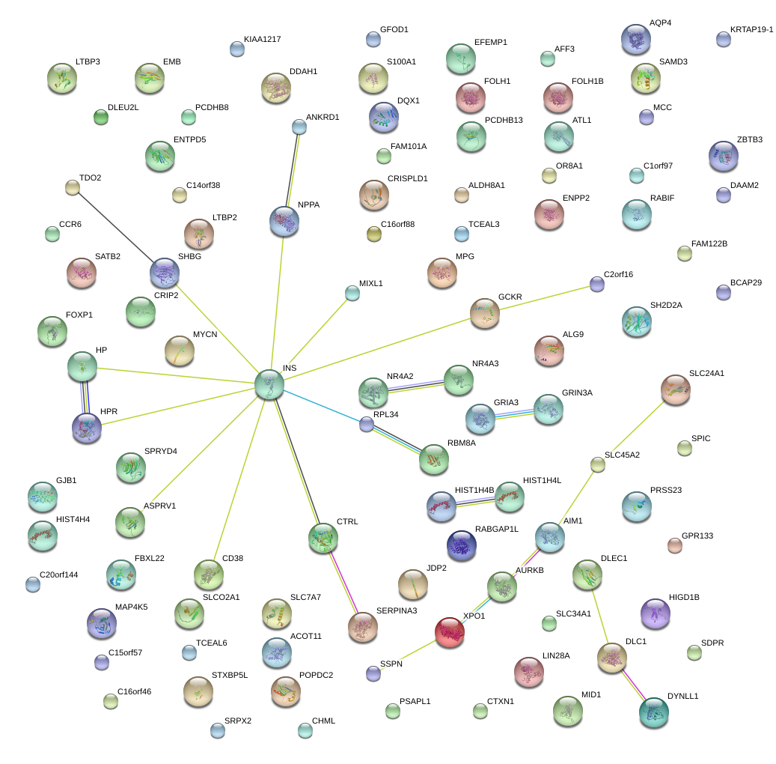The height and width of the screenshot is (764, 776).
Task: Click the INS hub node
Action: (x=269, y=383)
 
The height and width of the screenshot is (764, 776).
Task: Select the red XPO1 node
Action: (x=450, y=631)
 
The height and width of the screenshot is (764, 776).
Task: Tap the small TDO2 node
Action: (x=73, y=188)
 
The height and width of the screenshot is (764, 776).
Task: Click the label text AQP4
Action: (x=660, y=23)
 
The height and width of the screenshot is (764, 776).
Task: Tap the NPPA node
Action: (x=284, y=221)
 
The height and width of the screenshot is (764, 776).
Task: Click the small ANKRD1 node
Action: (x=299, y=127)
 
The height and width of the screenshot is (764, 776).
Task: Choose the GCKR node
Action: (x=485, y=313)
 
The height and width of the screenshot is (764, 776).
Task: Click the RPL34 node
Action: (x=366, y=424)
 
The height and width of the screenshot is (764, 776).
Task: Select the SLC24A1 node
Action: (x=676, y=389)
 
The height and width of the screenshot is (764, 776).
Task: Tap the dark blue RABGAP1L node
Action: (x=461, y=545)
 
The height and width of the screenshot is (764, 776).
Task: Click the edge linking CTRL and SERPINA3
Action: (x=343, y=582)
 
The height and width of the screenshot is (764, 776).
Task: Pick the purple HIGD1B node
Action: (x=656, y=613)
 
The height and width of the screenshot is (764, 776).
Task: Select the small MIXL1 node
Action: (x=352, y=293)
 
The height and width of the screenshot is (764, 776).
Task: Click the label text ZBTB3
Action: (x=750, y=140)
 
